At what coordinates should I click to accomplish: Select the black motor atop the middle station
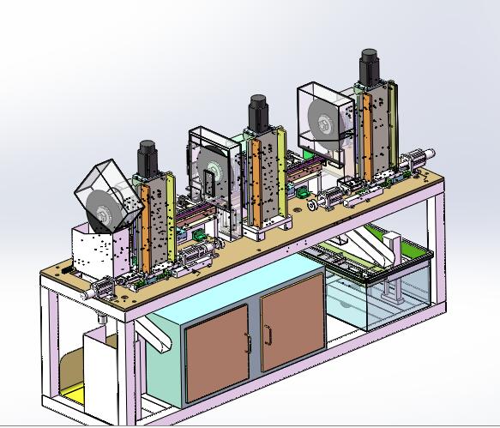coord(256,110)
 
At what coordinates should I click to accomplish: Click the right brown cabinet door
coord(290,327)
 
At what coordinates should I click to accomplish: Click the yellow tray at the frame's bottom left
coord(72,396)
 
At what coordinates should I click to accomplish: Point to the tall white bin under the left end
coord(104,377)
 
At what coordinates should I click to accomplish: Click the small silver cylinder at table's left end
coord(90,292)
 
